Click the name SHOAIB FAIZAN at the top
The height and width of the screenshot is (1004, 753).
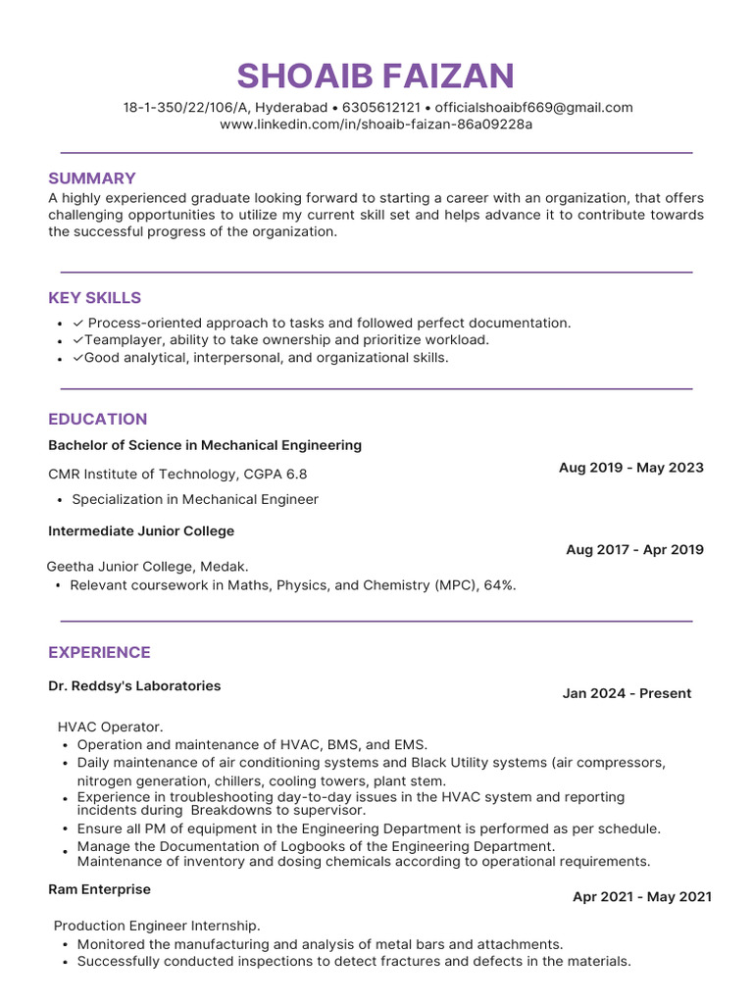point(376,75)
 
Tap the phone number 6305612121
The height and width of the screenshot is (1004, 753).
point(380,108)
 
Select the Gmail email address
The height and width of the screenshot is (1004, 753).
point(533,108)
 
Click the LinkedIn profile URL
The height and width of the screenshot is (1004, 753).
point(376,125)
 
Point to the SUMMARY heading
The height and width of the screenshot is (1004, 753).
point(92,178)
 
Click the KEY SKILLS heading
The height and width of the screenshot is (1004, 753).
point(95,298)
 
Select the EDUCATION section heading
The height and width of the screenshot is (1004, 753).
point(98,420)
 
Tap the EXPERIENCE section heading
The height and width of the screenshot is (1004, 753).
point(99,653)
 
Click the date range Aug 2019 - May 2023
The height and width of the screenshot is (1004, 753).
point(630,468)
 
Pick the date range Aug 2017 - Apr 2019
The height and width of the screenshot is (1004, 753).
point(634,550)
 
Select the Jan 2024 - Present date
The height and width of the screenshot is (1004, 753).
point(627,693)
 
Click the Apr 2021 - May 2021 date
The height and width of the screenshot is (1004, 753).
point(642,897)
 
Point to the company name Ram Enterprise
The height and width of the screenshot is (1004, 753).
point(99,889)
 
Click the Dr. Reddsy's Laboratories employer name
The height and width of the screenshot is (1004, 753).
point(134,686)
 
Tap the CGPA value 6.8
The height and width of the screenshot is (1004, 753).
point(296,475)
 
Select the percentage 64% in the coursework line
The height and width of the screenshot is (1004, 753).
point(498,585)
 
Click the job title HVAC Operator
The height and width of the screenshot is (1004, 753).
point(111,727)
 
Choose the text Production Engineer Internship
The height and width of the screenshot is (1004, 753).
point(157,926)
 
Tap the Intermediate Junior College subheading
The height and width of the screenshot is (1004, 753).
point(141,531)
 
